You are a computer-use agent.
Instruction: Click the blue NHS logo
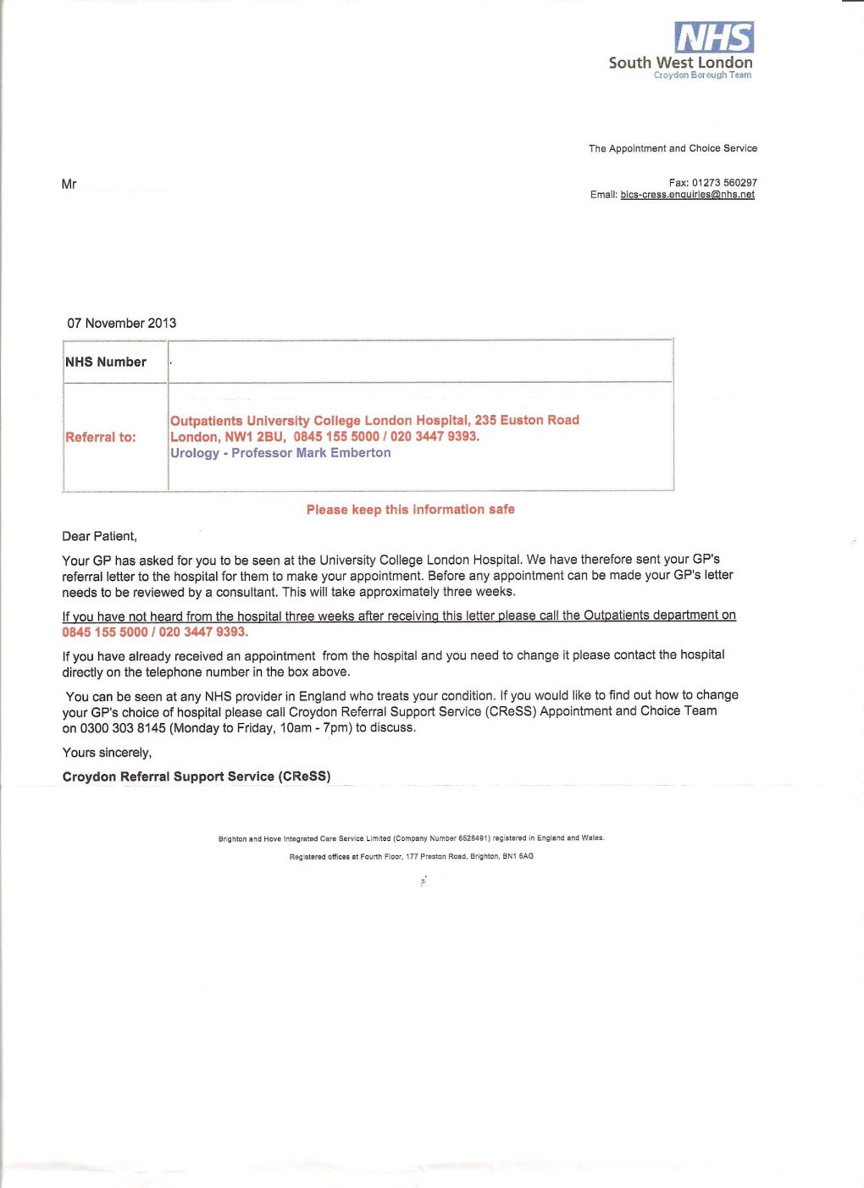pyautogui.click(x=713, y=37)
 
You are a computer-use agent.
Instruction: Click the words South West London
pyautogui.click(x=680, y=63)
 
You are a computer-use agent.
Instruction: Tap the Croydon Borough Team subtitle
pyautogui.click(x=702, y=75)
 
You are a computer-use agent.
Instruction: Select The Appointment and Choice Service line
pyautogui.click(x=673, y=148)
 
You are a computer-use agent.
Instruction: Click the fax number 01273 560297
pyautogui.click(x=724, y=183)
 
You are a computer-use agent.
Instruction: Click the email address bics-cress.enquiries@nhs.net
pyautogui.click(x=687, y=195)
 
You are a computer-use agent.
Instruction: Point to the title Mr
pyautogui.click(x=69, y=185)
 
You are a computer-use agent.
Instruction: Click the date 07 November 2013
pyautogui.click(x=122, y=323)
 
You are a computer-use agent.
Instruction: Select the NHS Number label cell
pyautogui.click(x=106, y=362)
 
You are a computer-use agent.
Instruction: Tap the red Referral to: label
pyautogui.click(x=101, y=438)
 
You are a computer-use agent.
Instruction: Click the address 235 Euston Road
pyautogui.click(x=527, y=420)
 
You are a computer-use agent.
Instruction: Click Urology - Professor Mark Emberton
pyautogui.click(x=280, y=453)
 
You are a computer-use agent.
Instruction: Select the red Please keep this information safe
pyautogui.click(x=410, y=510)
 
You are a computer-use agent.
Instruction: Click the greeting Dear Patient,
pyautogui.click(x=99, y=537)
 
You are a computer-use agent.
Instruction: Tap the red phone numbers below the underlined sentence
pyautogui.click(x=155, y=633)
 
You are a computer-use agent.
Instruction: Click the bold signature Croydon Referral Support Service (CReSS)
pyautogui.click(x=197, y=776)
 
